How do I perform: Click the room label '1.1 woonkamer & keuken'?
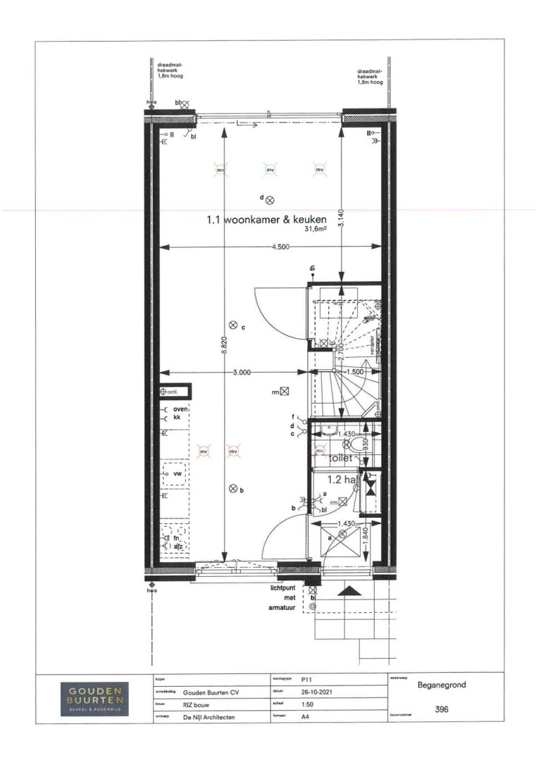click(266, 219)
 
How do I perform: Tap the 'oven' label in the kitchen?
click(179, 409)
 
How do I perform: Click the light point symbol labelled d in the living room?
click(270, 201)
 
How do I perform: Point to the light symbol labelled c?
click(233, 325)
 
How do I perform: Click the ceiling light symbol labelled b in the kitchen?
click(233, 489)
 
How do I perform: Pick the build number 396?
click(443, 709)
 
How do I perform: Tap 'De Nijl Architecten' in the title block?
click(209, 717)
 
